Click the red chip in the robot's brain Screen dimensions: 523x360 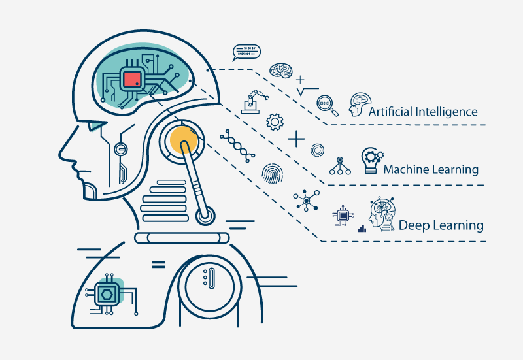[x=133, y=80]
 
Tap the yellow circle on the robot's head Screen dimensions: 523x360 [x=183, y=140]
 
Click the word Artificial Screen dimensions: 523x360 [x=390, y=111]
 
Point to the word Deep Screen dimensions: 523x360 [x=414, y=225]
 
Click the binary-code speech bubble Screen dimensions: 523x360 [x=246, y=53]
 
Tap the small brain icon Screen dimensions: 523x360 [x=281, y=71]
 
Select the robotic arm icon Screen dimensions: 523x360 [x=254, y=102]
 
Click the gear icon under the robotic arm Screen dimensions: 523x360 [x=275, y=122]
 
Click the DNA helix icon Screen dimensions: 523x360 [x=237, y=146]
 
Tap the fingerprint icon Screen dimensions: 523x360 [x=272, y=174]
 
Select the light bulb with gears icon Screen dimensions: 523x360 [x=371, y=160]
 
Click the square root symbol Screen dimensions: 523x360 [x=307, y=91]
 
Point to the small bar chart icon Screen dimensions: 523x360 [x=362, y=228]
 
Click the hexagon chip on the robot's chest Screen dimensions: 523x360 [x=107, y=295]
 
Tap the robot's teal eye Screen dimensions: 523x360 [x=97, y=126]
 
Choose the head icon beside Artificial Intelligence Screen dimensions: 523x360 [x=360, y=105]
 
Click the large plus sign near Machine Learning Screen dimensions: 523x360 [x=296, y=139]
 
